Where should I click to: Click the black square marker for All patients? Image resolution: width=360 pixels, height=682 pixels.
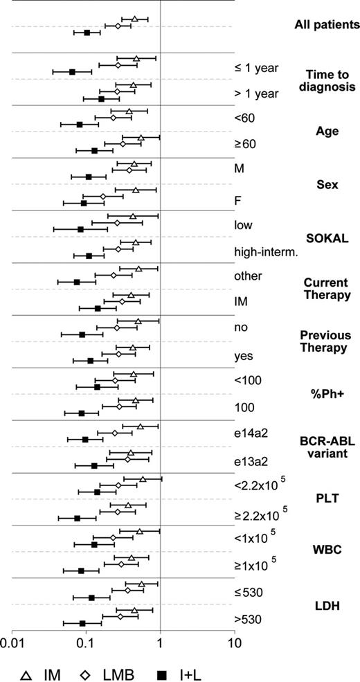coord(87,33)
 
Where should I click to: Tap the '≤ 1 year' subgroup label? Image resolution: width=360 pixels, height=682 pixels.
coord(257,67)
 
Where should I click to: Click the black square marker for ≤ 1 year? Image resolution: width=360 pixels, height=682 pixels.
coord(72,71)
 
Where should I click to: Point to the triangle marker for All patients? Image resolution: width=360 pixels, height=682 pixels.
coord(135,19)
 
